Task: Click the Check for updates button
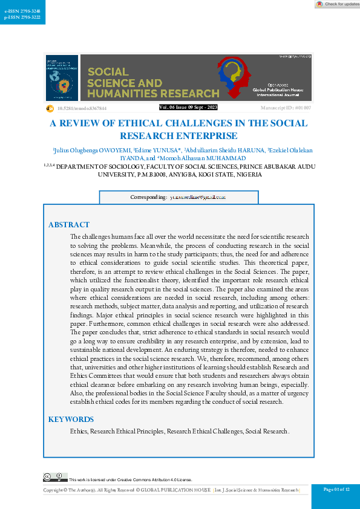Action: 338,4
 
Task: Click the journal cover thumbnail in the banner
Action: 62,78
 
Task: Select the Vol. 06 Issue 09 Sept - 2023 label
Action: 188,107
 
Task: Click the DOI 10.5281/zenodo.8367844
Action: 82,108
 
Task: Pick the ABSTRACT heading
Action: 68,225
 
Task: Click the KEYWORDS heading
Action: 71,419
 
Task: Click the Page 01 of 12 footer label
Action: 336,489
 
